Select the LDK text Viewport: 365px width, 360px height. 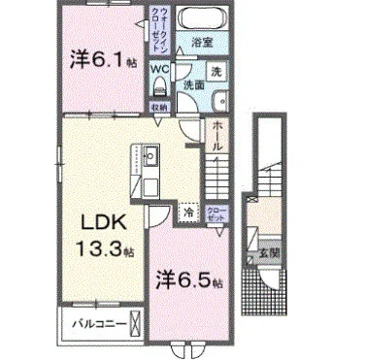point(96,219)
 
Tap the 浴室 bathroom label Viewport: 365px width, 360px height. point(201,43)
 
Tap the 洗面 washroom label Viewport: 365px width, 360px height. point(193,84)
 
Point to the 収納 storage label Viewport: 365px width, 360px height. point(157,106)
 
